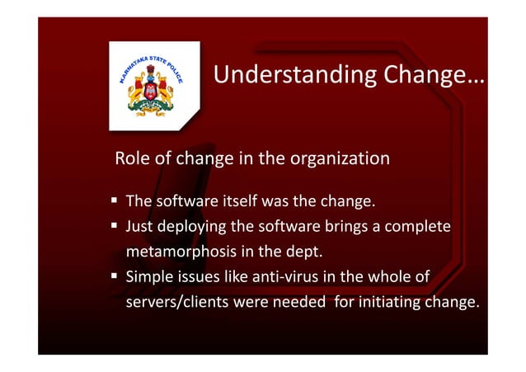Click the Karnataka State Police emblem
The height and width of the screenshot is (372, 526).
pos(154,86)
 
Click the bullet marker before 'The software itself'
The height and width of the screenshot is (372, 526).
pos(114,201)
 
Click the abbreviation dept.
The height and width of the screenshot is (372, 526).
pos(330,252)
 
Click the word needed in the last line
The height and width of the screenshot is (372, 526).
pos(300,302)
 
